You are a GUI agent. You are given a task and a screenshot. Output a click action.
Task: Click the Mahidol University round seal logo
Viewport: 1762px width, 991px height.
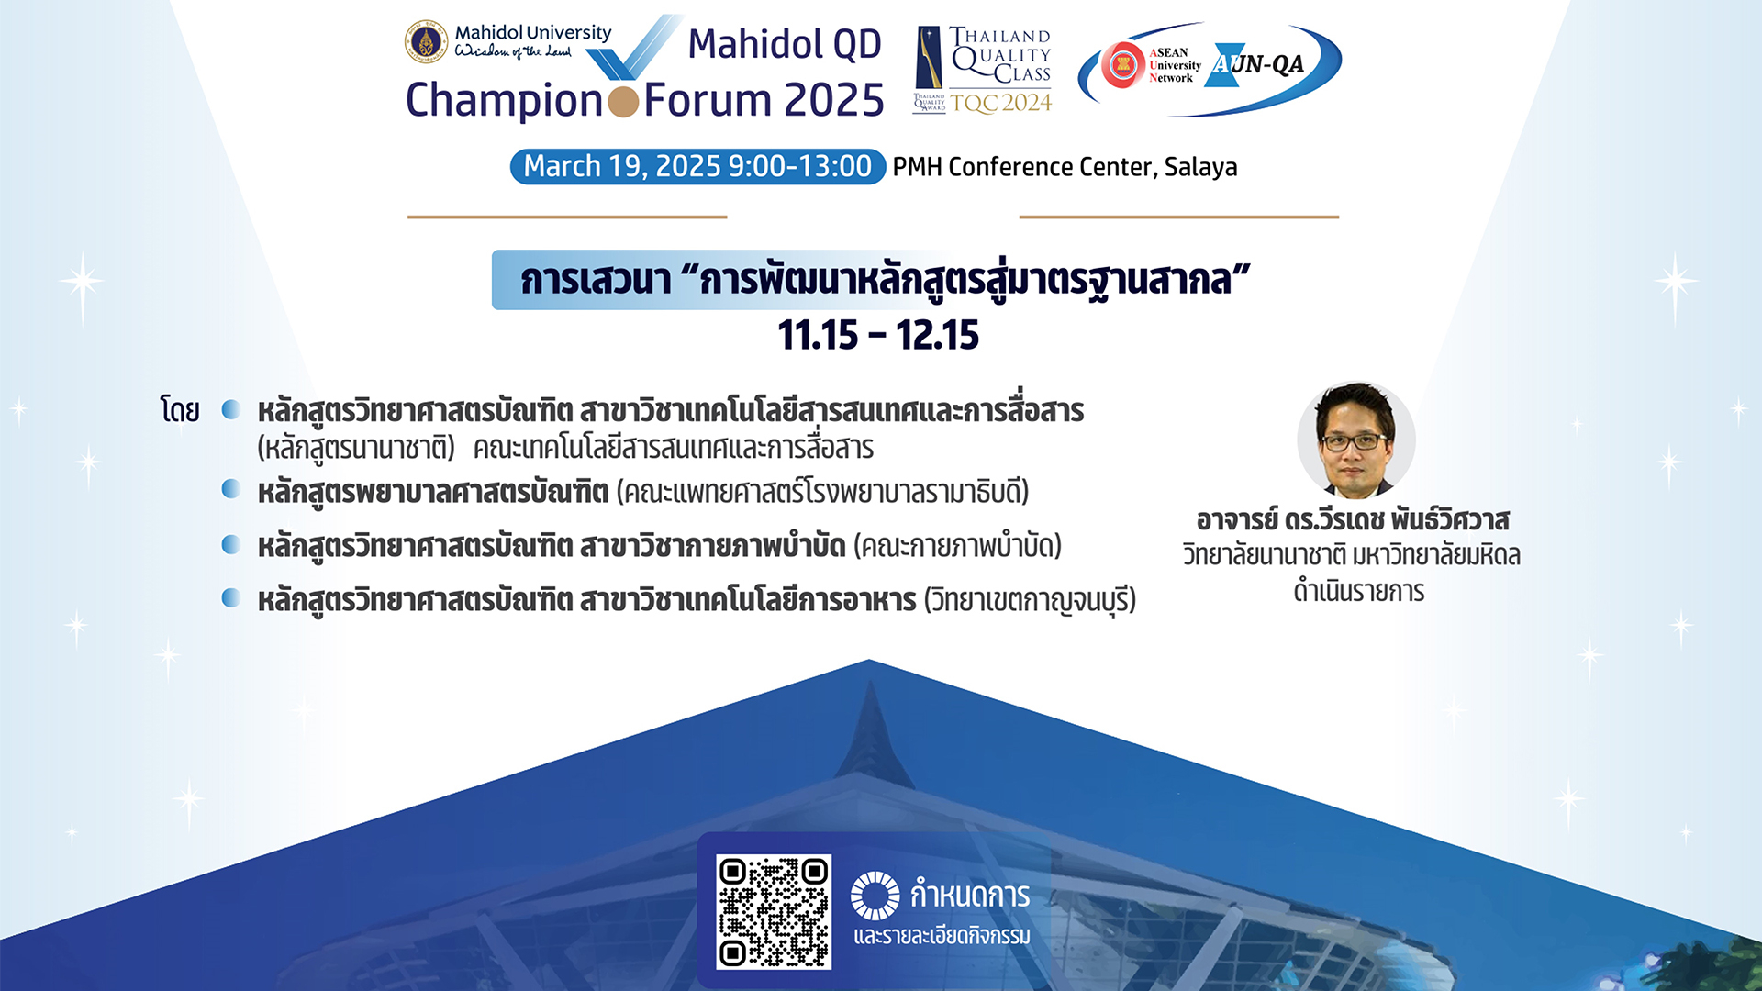pos(426,42)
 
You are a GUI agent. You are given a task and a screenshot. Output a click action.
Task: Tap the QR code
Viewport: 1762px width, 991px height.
pos(774,911)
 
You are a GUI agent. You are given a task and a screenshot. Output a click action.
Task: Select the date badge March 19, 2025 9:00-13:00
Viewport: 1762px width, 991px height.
pos(697,166)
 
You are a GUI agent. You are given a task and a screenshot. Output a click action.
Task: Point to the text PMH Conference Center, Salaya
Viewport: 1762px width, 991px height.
pos(1065,167)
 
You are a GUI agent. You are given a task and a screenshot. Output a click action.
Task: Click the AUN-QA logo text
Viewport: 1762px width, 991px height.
pos(1257,64)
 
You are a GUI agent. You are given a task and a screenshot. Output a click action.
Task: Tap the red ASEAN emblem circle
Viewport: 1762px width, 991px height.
pos(1122,64)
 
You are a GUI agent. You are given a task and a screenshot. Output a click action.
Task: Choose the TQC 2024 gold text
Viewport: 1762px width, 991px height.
pos(1001,103)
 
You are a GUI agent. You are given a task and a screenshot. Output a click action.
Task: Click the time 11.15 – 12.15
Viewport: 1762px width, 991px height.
pos(878,335)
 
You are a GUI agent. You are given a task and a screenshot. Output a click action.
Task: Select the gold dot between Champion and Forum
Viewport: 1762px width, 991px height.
pos(623,101)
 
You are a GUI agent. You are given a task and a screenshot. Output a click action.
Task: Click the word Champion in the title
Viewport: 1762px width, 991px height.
pos(504,101)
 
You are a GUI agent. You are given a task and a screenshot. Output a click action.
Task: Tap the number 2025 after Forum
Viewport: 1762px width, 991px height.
pos(834,99)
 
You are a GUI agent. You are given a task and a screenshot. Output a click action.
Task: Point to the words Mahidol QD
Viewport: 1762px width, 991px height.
pos(785,44)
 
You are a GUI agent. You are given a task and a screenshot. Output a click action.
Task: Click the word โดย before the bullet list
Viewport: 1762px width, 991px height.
pos(180,409)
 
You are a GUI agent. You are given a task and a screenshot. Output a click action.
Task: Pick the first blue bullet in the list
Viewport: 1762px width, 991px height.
pos(231,408)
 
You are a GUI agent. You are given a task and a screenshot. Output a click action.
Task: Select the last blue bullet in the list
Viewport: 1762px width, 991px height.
pos(231,598)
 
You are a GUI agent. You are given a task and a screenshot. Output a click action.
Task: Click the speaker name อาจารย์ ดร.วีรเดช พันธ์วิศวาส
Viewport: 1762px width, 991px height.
pos(1353,520)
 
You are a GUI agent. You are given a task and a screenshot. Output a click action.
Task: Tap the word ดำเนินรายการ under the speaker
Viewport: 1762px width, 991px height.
pos(1359,592)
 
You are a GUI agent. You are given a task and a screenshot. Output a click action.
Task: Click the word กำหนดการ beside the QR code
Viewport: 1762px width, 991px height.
pos(970,895)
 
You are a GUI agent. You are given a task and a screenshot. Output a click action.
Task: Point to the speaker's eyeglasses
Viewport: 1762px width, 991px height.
pos(1355,441)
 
